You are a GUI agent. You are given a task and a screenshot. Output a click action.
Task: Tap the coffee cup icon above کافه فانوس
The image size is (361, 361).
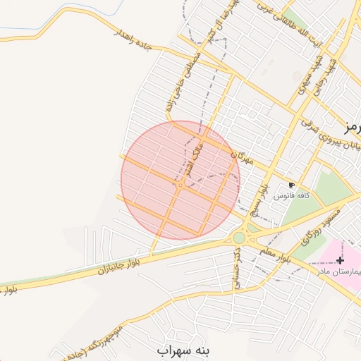click(292, 185)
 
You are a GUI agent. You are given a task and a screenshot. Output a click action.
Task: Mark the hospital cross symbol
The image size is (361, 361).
click(340, 260)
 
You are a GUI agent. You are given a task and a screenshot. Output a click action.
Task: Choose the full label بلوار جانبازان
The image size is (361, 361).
click(105, 269)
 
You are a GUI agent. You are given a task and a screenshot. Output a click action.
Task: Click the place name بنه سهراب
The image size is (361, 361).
click(185, 349)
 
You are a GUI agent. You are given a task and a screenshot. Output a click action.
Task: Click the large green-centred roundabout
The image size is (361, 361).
click(240, 238)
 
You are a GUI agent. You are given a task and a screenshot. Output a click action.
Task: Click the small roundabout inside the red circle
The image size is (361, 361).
click(181, 185)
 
